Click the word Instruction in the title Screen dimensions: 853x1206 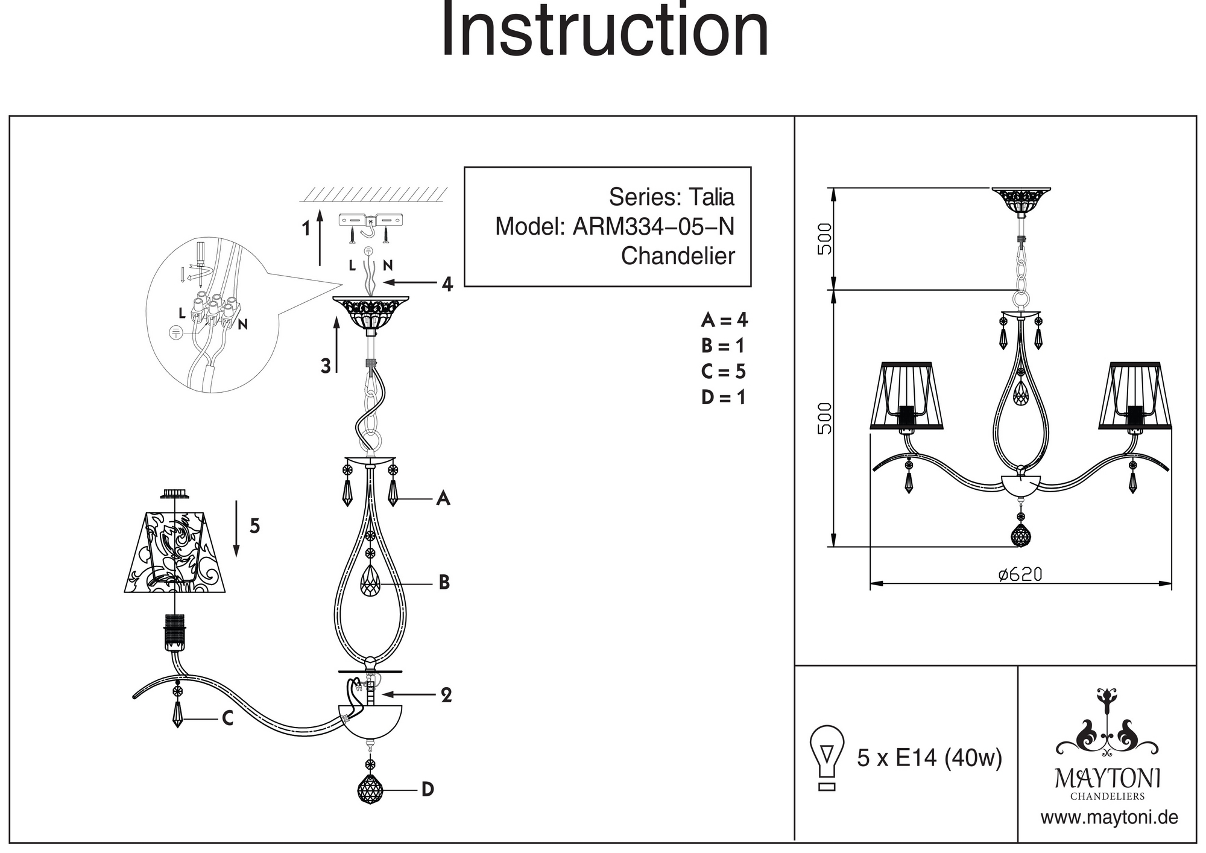[x=605, y=30]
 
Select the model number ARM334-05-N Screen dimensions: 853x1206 [x=653, y=227]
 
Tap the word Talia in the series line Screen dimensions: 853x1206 [x=712, y=197]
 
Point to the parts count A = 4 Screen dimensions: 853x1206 [x=724, y=320]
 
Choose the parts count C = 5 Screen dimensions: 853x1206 [x=724, y=372]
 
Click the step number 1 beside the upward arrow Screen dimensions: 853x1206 [x=306, y=229]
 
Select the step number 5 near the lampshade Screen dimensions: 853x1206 [x=254, y=526]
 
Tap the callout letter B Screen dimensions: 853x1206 [x=444, y=583]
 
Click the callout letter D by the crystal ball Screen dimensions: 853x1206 [x=427, y=789]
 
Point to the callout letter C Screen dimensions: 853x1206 [x=227, y=718]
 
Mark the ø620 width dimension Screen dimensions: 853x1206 [x=1020, y=574]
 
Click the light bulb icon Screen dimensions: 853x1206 [x=827, y=757]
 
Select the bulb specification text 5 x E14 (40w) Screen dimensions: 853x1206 [x=929, y=758]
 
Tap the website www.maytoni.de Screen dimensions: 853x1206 [x=1109, y=818]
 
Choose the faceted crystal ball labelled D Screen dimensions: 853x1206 [x=370, y=789]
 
